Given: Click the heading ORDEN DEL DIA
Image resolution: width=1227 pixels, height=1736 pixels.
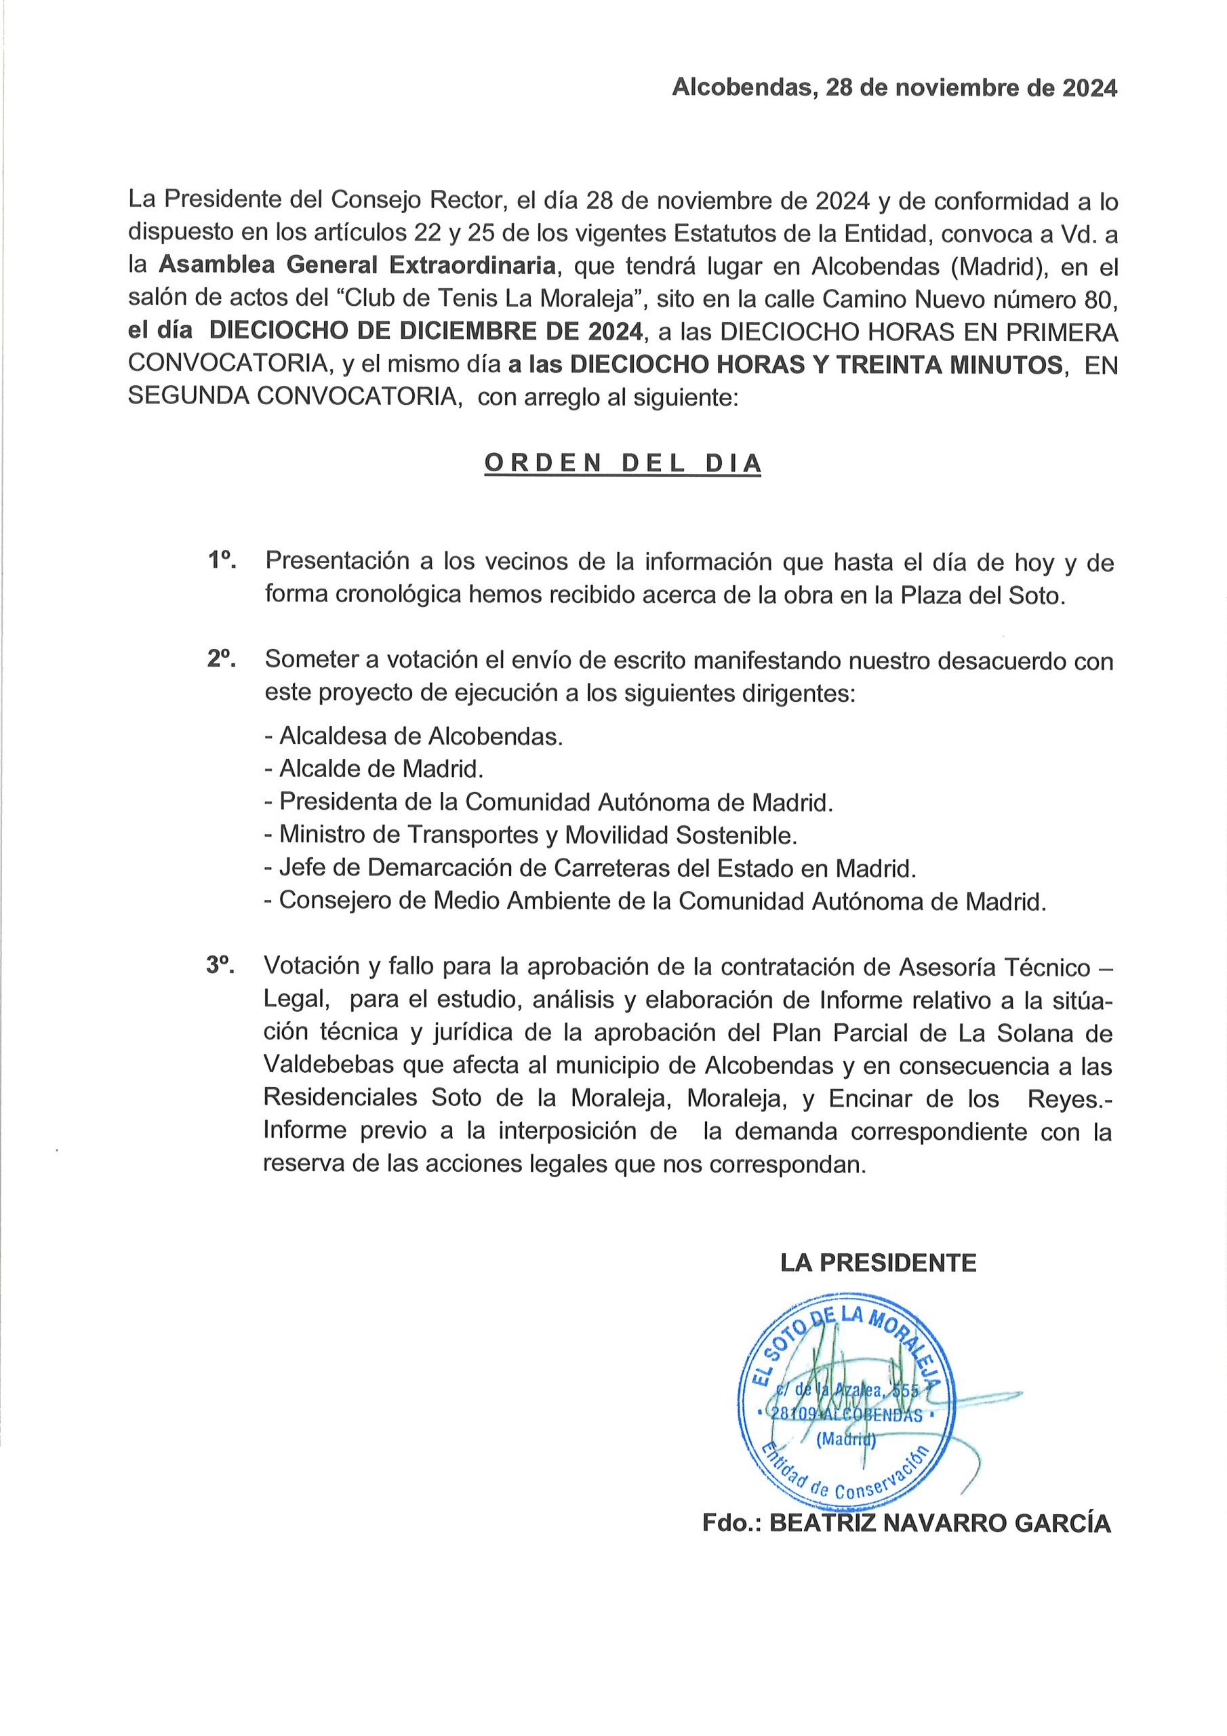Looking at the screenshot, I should (622, 463).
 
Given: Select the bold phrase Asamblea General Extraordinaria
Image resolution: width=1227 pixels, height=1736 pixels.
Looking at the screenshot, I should (357, 266).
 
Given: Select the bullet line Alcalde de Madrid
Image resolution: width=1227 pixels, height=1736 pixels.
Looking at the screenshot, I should (374, 769).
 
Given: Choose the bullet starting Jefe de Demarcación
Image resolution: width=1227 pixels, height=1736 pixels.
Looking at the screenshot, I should (590, 868).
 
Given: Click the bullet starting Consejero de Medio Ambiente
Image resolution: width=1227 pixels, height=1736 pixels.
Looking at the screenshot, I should (655, 901).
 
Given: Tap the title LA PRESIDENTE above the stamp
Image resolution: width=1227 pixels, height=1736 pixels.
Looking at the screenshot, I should (878, 1263).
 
